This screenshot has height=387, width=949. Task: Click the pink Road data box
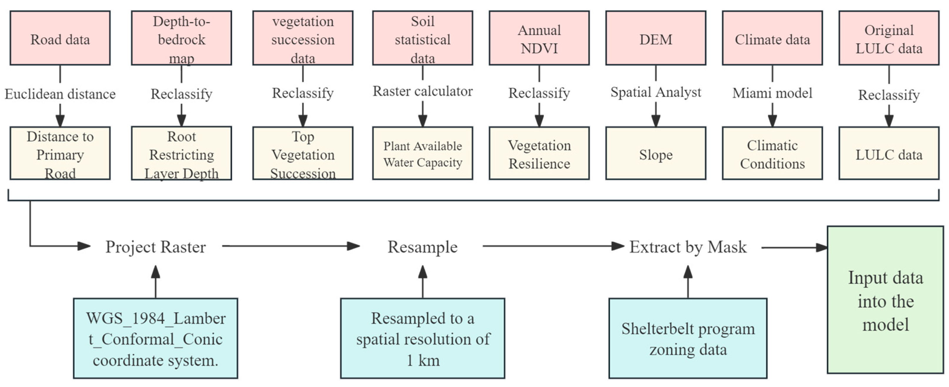click(60, 38)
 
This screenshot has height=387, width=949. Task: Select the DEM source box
click(655, 38)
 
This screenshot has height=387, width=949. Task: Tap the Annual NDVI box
click(539, 38)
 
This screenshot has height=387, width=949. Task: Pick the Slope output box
click(655, 154)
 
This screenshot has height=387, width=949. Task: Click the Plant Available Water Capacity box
click(422, 154)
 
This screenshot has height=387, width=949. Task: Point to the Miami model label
click(772, 93)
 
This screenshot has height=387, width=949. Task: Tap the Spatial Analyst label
click(655, 92)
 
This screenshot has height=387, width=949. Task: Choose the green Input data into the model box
click(885, 300)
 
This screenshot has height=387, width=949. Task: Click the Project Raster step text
click(155, 247)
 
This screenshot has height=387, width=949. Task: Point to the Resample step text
click(422, 247)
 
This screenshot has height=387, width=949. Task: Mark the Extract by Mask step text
click(687, 247)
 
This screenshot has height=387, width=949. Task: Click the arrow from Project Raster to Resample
click(291, 246)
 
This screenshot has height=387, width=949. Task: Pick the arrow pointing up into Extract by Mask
click(687, 282)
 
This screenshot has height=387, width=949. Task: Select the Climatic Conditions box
click(772, 154)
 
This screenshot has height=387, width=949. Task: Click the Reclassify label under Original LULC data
click(889, 95)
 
